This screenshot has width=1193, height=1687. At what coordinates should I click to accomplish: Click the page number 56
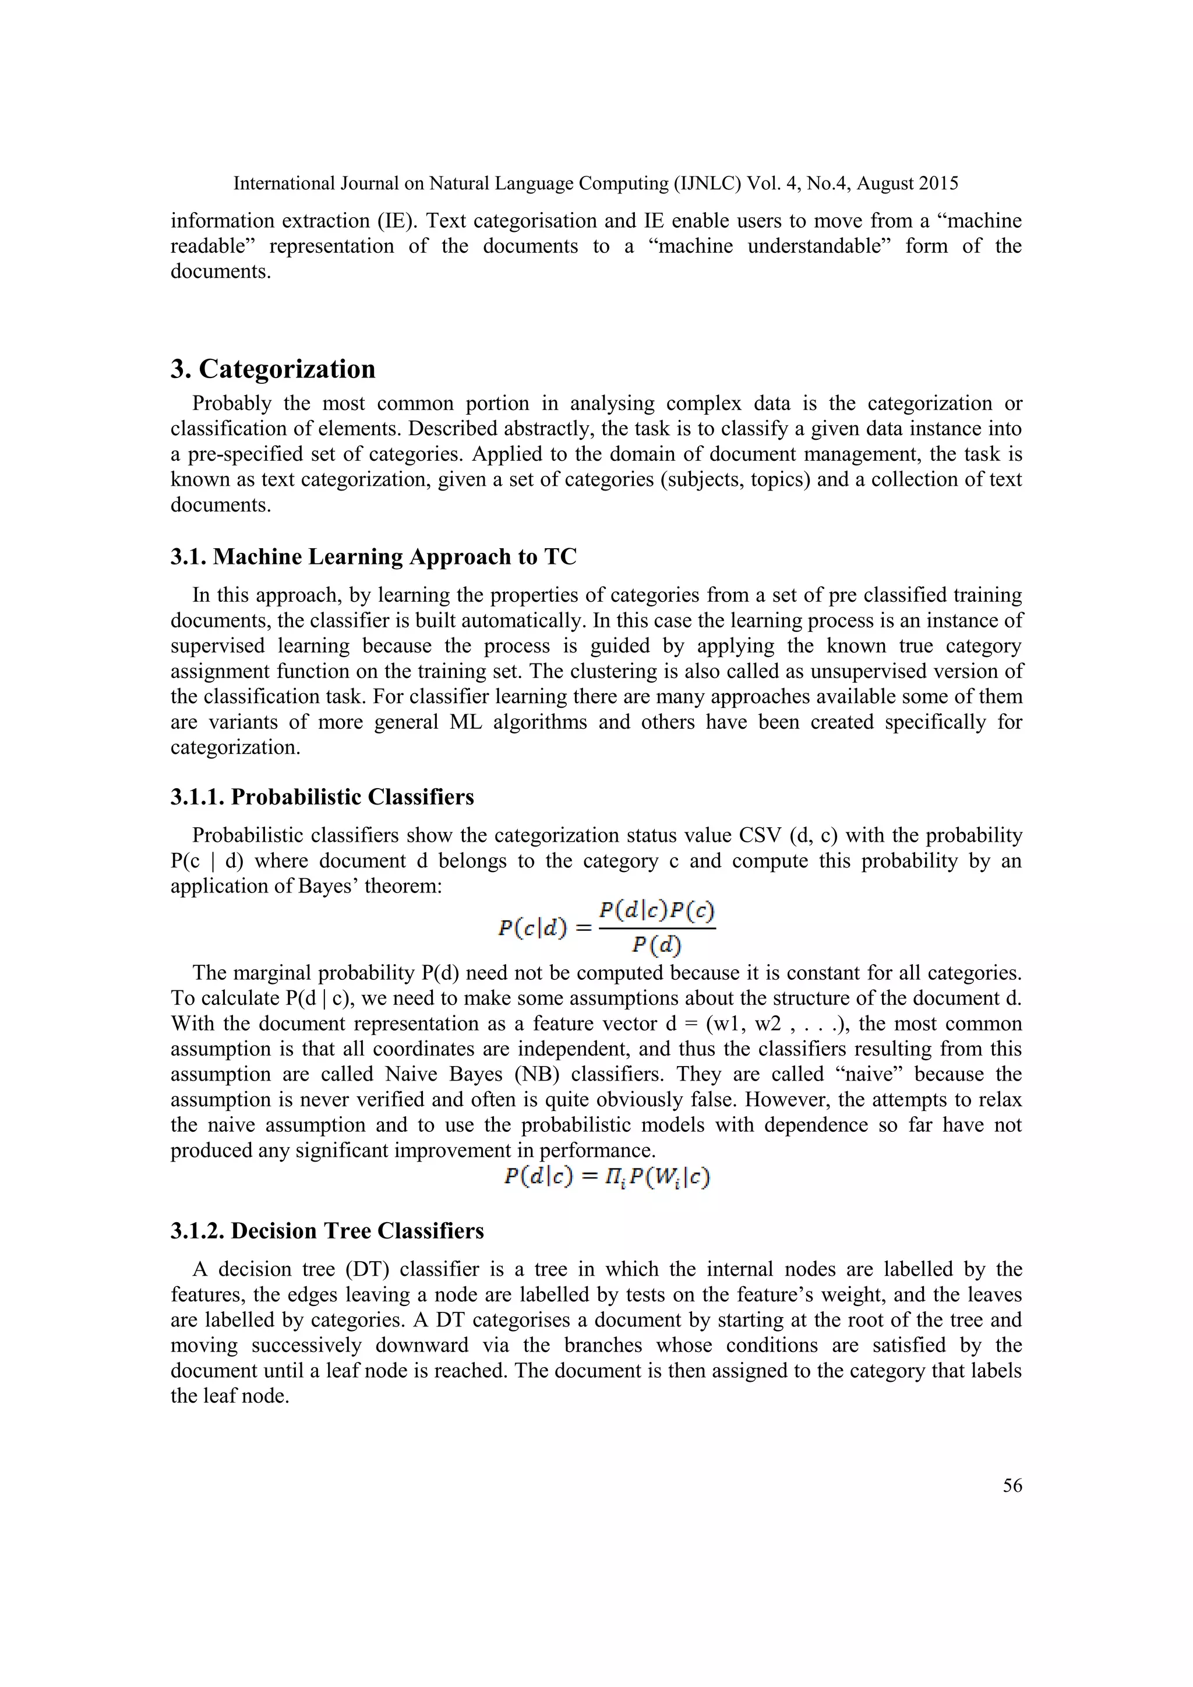click(x=1012, y=1485)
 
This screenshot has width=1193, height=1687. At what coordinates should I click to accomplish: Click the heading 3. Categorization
click(x=273, y=369)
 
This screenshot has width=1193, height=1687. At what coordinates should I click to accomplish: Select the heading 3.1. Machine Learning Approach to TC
click(x=373, y=557)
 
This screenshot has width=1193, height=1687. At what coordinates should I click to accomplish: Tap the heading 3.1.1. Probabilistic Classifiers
click(x=323, y=797)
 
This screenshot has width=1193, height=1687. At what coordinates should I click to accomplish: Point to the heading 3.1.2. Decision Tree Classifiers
click(x=327, y=1231)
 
